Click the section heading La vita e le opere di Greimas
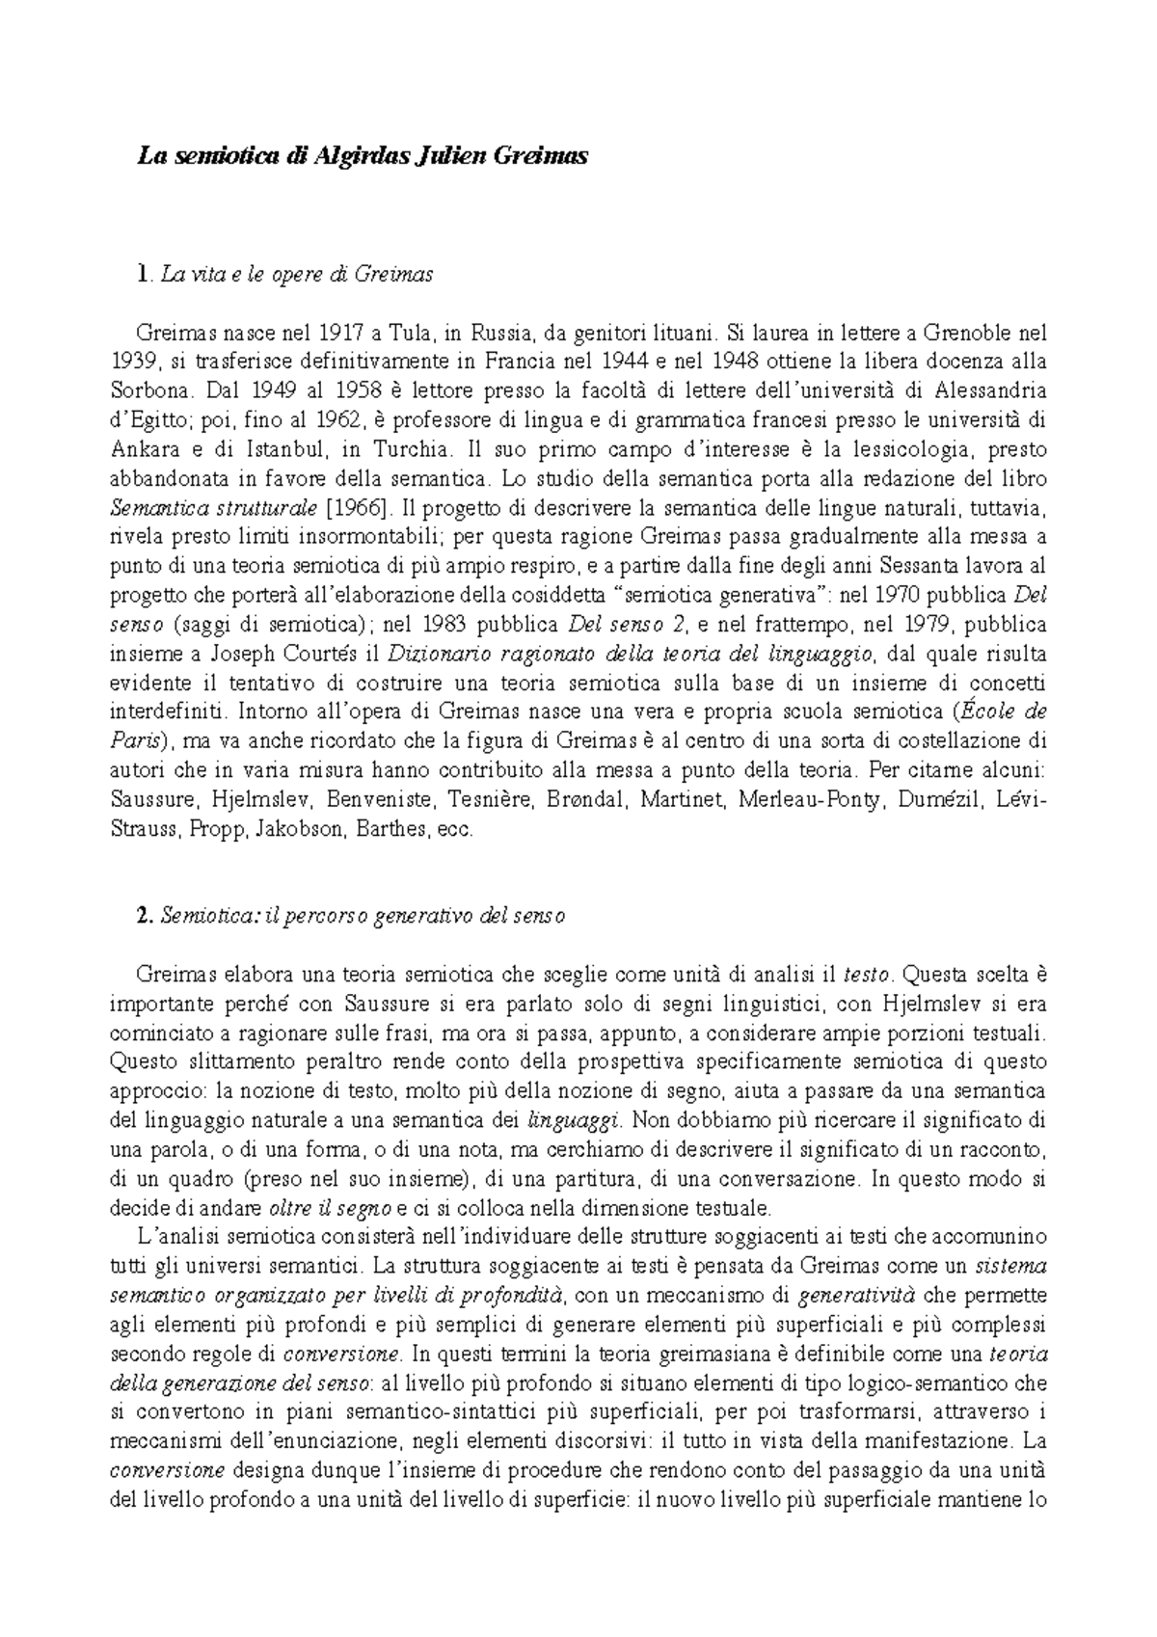pos(296,275)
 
